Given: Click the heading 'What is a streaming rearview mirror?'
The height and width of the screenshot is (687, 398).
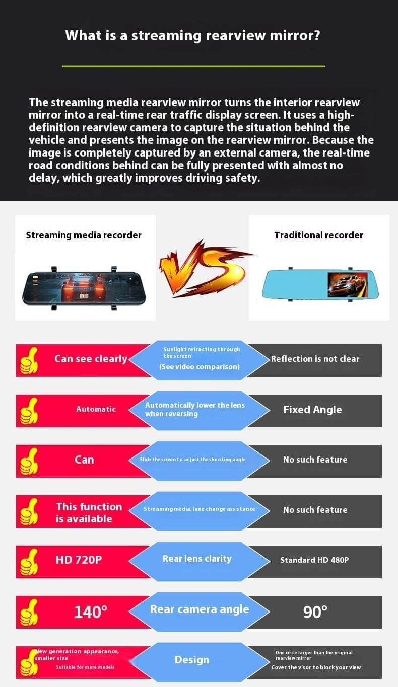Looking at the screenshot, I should point(193,36).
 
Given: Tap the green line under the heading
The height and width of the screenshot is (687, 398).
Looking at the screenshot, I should point(193,66).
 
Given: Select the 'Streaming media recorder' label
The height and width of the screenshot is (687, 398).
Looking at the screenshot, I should point(84,235).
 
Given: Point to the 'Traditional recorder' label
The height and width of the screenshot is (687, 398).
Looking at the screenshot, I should point(318,235).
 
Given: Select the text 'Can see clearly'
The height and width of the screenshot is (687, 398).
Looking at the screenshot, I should point(91,359).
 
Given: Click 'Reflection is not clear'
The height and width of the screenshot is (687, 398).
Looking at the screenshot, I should point(315,359).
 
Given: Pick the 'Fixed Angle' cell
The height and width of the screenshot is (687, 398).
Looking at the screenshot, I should point(312,410).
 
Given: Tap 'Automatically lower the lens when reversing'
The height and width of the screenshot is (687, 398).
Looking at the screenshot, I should point(195,409).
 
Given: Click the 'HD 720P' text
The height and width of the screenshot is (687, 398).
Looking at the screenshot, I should point(79,560).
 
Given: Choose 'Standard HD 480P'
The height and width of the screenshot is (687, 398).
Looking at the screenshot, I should point(314,560).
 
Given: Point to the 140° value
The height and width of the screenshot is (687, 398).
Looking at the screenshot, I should point(91,612).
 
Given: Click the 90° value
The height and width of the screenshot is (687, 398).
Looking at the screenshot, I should point(315,612).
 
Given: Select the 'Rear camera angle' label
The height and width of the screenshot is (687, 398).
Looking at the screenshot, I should point(200,609).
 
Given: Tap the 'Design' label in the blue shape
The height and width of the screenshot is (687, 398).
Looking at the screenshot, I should point(192,660).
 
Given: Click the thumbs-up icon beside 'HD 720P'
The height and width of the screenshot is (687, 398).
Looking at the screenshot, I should point(29,562).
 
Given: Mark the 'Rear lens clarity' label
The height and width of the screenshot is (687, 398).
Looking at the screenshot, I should point(197,559).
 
